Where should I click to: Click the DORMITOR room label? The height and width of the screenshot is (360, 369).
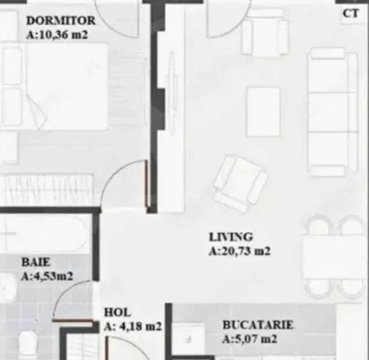coord(61,20)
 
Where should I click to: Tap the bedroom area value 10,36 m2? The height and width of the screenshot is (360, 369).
coord(64,35)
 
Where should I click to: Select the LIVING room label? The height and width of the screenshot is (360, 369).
coord(231,237)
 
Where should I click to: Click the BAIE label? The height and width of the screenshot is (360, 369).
coord(36,262)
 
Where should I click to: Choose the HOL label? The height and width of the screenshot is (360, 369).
coord(117,313)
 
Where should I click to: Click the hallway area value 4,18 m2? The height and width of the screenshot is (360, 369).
coord(141,326)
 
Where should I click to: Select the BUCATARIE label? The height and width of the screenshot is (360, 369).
coord(258,325)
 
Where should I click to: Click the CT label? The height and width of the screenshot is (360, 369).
coord(351,14)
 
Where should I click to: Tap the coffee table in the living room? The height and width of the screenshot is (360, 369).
coord(263,112)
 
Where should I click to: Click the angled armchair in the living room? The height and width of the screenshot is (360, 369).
coord(240,184)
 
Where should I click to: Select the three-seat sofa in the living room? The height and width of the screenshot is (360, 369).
coord(333,112)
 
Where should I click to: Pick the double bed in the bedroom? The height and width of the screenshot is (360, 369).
coord(55,86)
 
